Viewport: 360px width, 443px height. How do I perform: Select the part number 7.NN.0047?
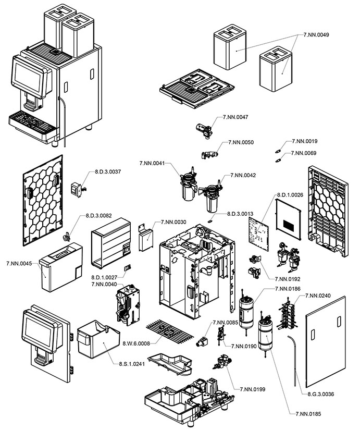click(x=235, y=117)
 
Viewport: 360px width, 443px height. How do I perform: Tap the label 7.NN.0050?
click(x=241, y=142)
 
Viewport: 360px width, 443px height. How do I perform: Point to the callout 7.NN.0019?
click(x=305, y=141)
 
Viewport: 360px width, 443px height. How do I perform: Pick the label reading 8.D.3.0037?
click(x=108, y=171)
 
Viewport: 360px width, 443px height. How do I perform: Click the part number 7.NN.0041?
click(x=152, y=164)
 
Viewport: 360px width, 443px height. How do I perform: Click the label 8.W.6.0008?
click(x=136, y=343)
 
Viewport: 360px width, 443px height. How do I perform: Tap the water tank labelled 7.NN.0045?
click(x=58, y=268)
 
